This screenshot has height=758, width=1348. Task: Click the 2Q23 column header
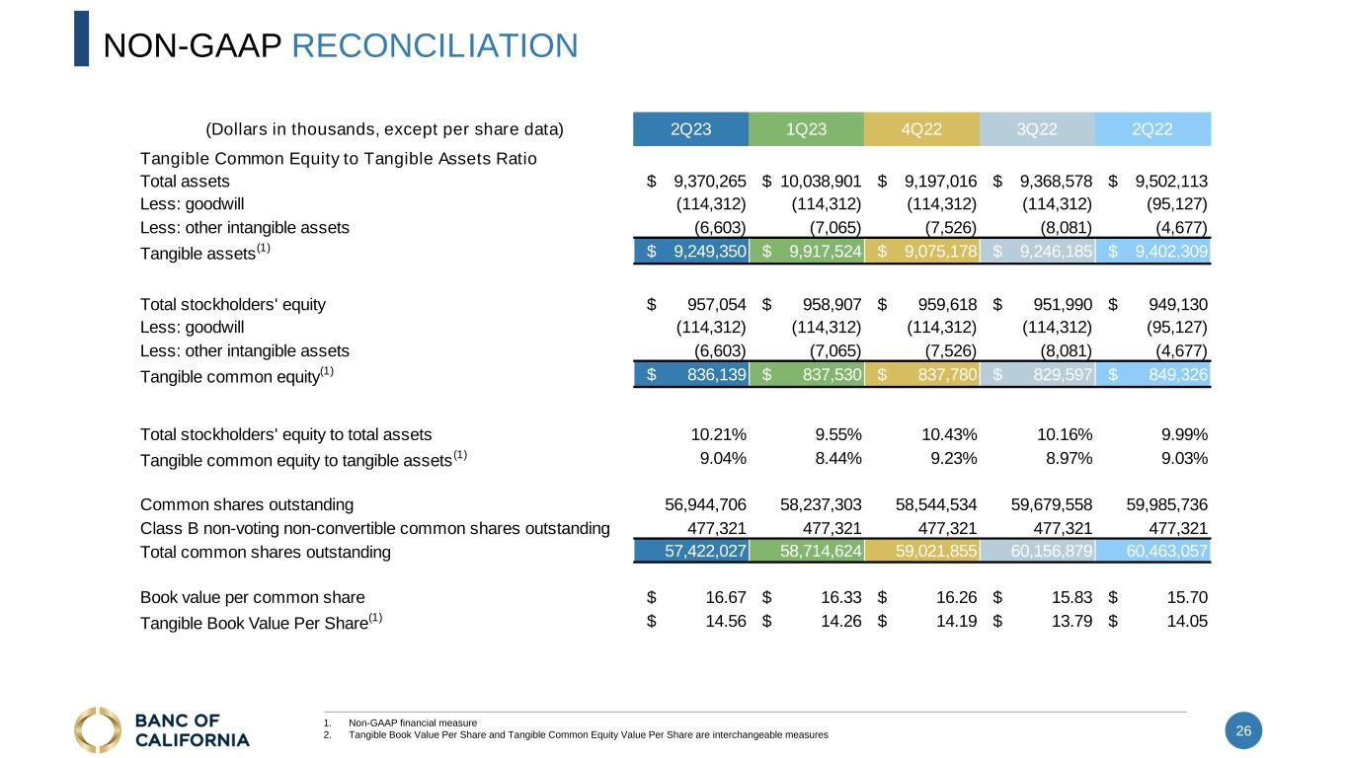[x=690, y=129]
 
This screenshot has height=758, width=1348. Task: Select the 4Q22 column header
[x=920, y=129]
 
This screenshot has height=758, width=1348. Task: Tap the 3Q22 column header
[x=1037, y=129]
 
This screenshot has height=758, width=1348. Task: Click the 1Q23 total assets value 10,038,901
[x=821, y=181]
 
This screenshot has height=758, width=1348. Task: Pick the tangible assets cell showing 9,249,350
[x=709, y=252]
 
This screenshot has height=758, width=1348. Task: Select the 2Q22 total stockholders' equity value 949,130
[x=1175, y=304]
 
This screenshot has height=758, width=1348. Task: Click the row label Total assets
[x=185, y=181]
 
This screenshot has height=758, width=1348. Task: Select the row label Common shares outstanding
[x=247, y=505]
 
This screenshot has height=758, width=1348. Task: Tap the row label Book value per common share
[x=253, y=597]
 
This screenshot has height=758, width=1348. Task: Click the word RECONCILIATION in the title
[x=436, y=45]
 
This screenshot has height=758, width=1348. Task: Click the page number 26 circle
[x=1243, y=730]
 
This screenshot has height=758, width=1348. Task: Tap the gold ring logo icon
[x=98, y=730]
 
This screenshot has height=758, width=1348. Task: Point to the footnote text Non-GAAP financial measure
[x=413, y=723]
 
